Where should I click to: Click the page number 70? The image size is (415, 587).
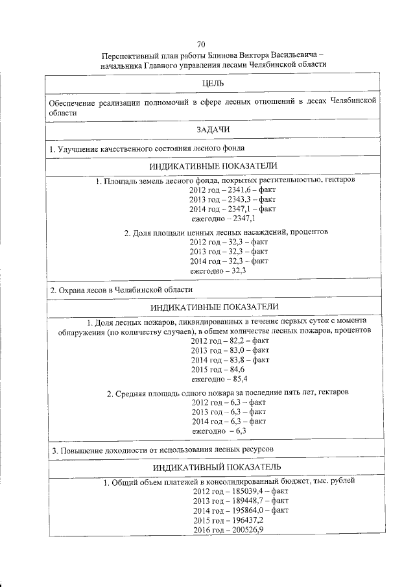(x=201, y=44)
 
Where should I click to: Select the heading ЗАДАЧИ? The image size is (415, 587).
(x=213, y=131)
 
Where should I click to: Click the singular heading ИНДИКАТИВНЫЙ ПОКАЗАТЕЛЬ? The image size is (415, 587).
(x=216, y=468)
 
